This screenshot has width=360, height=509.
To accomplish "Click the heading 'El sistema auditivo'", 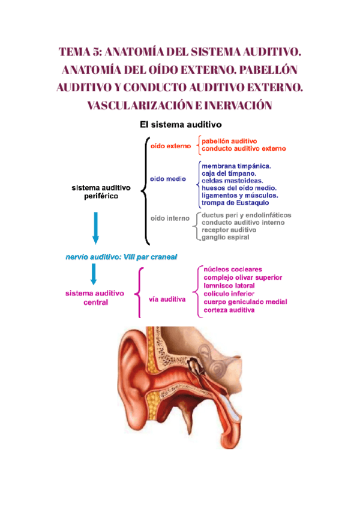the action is point(181,125).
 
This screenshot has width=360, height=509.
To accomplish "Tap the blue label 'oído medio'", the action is point(168,179).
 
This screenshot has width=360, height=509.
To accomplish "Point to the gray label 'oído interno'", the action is point(170,218).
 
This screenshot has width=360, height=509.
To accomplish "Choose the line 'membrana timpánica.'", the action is point(236,166).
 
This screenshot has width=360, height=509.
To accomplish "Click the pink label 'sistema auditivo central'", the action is point(95,298).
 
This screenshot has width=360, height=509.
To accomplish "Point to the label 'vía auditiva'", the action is point(167,298).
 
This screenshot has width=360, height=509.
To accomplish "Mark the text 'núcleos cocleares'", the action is point(235,270).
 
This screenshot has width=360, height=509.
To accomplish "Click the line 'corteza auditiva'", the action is point(229,310).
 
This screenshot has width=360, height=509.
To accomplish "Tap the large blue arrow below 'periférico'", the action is point(95,228).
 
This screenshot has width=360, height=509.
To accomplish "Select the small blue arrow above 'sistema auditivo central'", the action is point(94,274).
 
